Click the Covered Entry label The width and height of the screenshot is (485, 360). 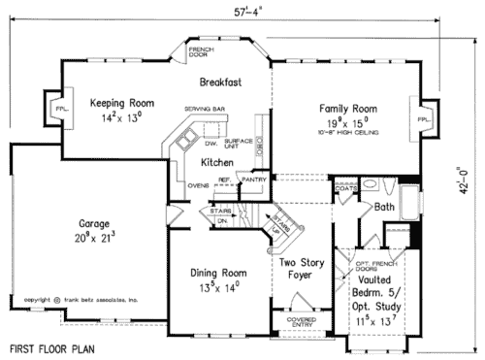(300, 321)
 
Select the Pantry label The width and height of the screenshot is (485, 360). (253, 180)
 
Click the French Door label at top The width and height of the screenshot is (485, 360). (201, 51)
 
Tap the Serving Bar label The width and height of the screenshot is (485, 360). (206, 111)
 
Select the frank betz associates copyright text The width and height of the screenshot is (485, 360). (82, 301)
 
